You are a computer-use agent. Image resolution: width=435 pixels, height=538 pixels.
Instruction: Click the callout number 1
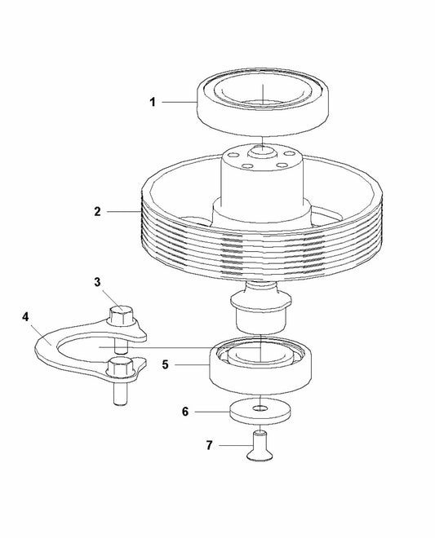pos(153,102)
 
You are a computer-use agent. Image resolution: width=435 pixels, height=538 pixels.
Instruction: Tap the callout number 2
pos(98,211)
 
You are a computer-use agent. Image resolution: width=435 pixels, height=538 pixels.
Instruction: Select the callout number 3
pos(98,282)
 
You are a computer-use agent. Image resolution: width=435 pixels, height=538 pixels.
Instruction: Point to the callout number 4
pos(25,317)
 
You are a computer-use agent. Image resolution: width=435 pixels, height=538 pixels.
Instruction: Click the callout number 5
pos(166,364)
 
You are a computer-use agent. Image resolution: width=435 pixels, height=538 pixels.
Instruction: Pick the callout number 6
pos(185,412)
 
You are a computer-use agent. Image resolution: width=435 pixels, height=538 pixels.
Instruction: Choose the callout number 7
pos(209,445)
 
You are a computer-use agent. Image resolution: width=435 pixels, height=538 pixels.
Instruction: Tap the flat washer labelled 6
pos(260,412)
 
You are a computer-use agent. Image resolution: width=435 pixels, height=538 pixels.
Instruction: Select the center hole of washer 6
pos(260,408)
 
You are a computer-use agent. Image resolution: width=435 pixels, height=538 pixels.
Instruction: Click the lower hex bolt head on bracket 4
pos(120,368)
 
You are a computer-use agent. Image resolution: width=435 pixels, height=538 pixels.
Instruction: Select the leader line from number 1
pos(179,102)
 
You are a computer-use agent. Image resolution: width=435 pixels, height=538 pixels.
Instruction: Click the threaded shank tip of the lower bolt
pos(120,402)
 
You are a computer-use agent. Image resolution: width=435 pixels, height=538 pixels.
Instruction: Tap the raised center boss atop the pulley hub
pos(262,152)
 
